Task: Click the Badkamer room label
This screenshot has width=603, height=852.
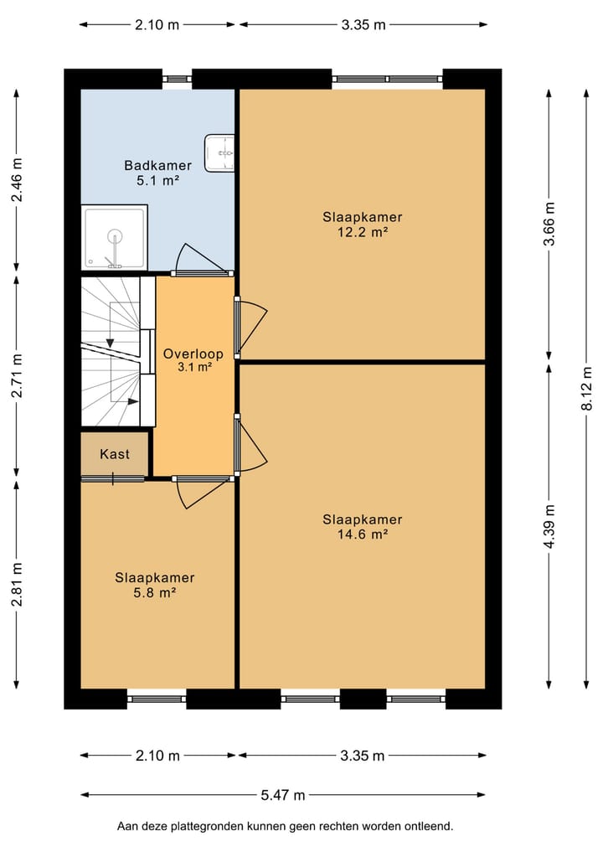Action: [x=157, y=165]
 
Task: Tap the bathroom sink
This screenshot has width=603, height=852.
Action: [x=219, y=153]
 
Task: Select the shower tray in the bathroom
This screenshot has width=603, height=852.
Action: [x=114, y=237]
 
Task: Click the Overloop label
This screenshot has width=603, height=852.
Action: [x=193, y=354]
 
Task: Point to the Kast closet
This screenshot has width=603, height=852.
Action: [x=115, y=454]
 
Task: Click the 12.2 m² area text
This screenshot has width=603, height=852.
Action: [x=363, y=233]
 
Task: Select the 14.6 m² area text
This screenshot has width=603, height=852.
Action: [x=363, y=534]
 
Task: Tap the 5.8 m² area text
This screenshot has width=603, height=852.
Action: [x=155, y=593]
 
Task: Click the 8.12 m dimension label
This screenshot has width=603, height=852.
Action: [x=587, y=389]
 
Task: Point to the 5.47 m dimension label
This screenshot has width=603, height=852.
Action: [x=283, y=796]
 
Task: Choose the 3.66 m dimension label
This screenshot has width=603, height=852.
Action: [x=549, y=224]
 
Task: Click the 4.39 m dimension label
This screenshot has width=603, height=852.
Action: [x=549, y=526]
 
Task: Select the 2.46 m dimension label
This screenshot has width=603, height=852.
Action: [x=17, y=180]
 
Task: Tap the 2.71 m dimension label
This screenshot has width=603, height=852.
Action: [x=17, y=375]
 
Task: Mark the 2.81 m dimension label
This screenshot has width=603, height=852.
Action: [x=17, y=584]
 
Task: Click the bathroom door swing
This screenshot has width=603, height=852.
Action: [x=201, y=259]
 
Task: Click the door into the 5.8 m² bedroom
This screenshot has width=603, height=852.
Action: [x=202, y=492]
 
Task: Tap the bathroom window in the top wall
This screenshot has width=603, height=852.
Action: [x=177, y=80]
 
